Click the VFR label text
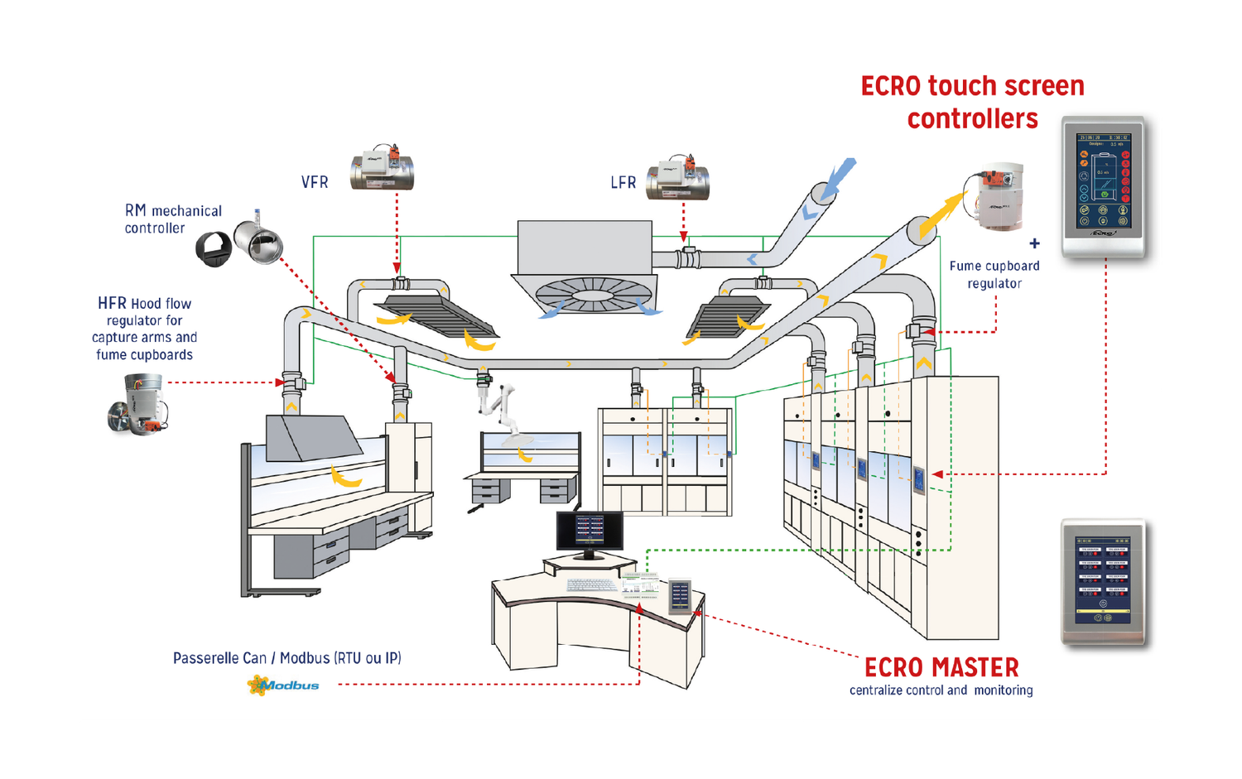click(315, 182)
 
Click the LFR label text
click(623, 182)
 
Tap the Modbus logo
click(283, 685)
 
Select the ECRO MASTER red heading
click(941, 667)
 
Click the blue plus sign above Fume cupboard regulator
click(1034, 243)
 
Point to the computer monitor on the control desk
click(590, 531)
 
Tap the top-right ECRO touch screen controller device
click(1103, 187)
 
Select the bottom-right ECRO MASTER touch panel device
click(1103, 581)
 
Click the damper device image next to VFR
click(382, 170)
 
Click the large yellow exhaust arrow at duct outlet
click(941, 214)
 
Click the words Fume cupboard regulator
click(994, 275)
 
